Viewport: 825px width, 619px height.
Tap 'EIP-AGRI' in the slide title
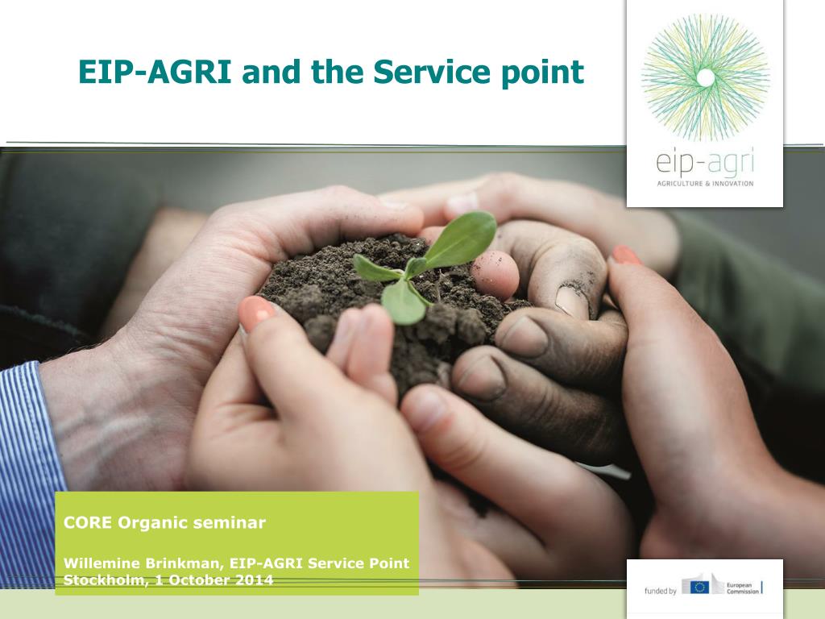point(155,72)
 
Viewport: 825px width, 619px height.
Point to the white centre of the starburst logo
point(706,78)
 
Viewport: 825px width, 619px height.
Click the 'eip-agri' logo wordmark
point(704,163)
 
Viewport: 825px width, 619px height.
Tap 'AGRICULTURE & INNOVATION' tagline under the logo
point(705,184)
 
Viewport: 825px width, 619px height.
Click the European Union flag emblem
point(700,587)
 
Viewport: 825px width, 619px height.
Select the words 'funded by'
point(661,591)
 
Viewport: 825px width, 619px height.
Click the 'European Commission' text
point(743,588)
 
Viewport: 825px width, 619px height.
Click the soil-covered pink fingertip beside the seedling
point(495,275)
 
